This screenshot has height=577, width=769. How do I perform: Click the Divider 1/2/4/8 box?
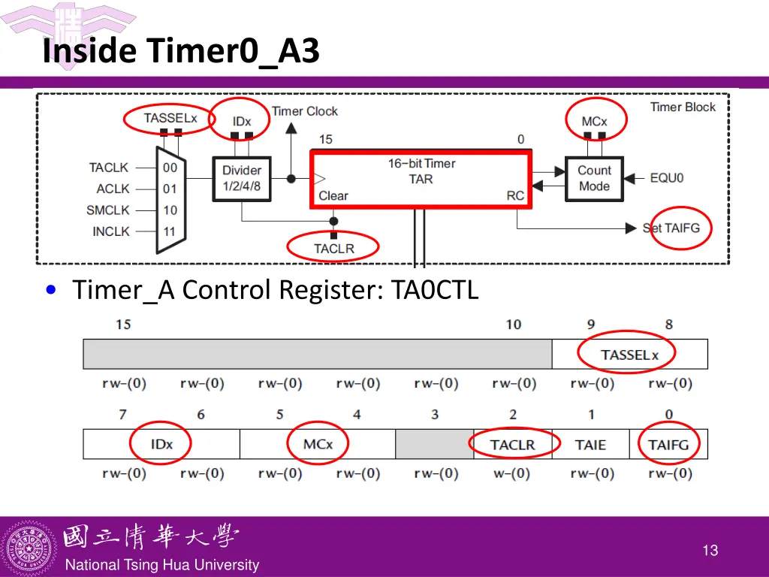[242, 178]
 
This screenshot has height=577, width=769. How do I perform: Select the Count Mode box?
[594, 178]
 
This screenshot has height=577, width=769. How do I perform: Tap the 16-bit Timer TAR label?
[421, 171]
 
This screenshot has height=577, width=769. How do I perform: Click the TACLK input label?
[109, 168]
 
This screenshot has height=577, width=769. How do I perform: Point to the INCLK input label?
[111, 231]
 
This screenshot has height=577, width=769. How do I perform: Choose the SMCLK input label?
[108, 210]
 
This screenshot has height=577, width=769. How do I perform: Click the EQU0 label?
[667, 178]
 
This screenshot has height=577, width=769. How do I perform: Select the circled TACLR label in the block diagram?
[333, 248]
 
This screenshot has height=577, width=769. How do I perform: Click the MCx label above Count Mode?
[594, 121]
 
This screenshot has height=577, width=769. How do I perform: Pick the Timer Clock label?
[305, 111]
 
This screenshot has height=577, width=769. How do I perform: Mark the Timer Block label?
[683, 107]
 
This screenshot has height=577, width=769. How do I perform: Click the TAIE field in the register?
[590, 445]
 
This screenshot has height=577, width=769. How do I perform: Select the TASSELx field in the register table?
[629, 355]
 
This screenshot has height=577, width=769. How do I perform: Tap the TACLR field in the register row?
[512, 445]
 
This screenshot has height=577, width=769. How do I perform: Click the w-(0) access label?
[514, 474]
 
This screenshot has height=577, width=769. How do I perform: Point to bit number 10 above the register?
[513, 325]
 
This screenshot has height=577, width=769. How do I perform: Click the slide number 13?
[710, 551]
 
